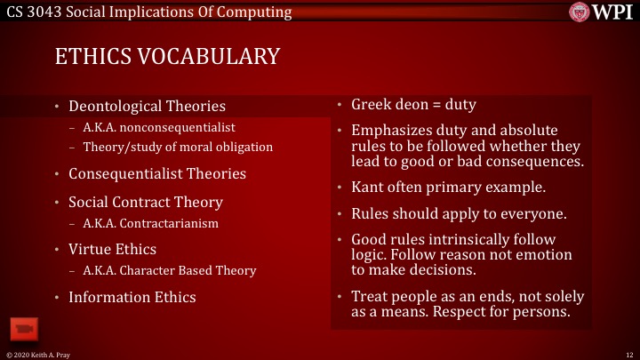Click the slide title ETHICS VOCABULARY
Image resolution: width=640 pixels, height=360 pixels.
[x=167, y=57]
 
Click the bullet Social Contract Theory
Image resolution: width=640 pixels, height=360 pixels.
[x=146, y=202]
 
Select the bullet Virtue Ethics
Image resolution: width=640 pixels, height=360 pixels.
[x=112, y=250]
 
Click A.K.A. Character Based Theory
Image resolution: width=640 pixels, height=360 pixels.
[x=169, y=270]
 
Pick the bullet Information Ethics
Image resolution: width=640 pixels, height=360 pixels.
[x=132, y=297]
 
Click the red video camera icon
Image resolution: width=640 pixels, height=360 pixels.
[x=23, y=329]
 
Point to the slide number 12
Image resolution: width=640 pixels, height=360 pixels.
[x=628, y=354]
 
